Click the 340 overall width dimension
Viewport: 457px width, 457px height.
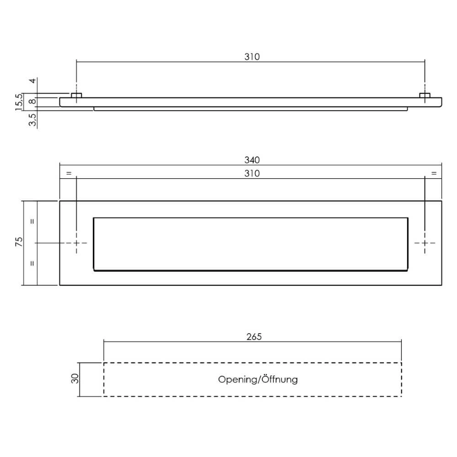pyautogui.click(x=252, y=160)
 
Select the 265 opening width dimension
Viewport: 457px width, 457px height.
pyautogui.click(x=254, y=337)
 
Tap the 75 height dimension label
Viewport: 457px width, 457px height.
pyautogui.click(x=19, y=242)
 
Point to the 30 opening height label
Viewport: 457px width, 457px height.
pyautogui.click(x=75, y=378)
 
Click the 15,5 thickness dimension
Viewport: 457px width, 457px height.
pyautogui.click(x=19, y=102)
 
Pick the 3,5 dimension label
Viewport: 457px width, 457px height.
pyautogui.click(x=32, y=119)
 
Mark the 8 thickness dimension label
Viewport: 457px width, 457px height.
pyautogui.click(x=33, y=101)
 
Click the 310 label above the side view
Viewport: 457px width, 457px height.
pyautogui.click(x=252, y=57)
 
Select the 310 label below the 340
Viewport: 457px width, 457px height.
pyautogui.click(x=252, y=173)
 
